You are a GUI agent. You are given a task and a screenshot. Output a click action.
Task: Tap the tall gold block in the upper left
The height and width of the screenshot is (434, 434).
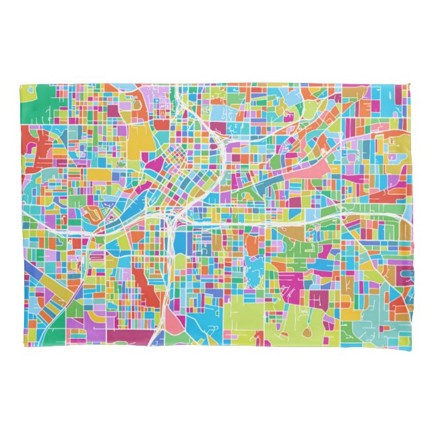(x=142, y=139)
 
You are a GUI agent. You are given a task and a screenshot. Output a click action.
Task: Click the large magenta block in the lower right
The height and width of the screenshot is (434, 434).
(x=291, y=283)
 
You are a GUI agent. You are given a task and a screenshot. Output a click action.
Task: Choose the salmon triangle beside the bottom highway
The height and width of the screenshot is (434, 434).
(x=175, y=325)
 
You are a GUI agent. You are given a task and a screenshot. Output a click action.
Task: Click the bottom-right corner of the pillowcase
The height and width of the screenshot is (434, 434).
(x=410, y=349)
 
